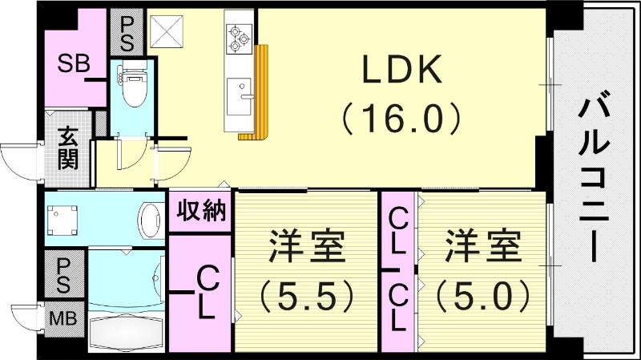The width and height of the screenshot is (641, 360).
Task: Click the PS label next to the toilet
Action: (126, 32)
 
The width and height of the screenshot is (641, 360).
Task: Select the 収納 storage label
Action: (200, 212)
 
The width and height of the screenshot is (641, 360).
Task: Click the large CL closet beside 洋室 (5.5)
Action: (200, 293)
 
